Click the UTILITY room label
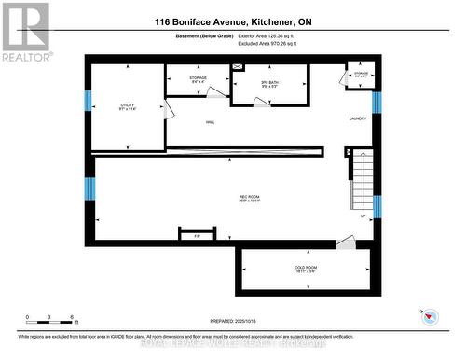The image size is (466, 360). (128, 106)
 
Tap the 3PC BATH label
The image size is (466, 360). (270, 85)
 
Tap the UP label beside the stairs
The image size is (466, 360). (362, 215)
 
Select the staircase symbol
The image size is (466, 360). (362, 182)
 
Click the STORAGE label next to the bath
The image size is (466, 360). (198, 79)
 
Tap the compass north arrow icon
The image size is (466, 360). (430, 316)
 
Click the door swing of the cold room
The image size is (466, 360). (345, 242)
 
